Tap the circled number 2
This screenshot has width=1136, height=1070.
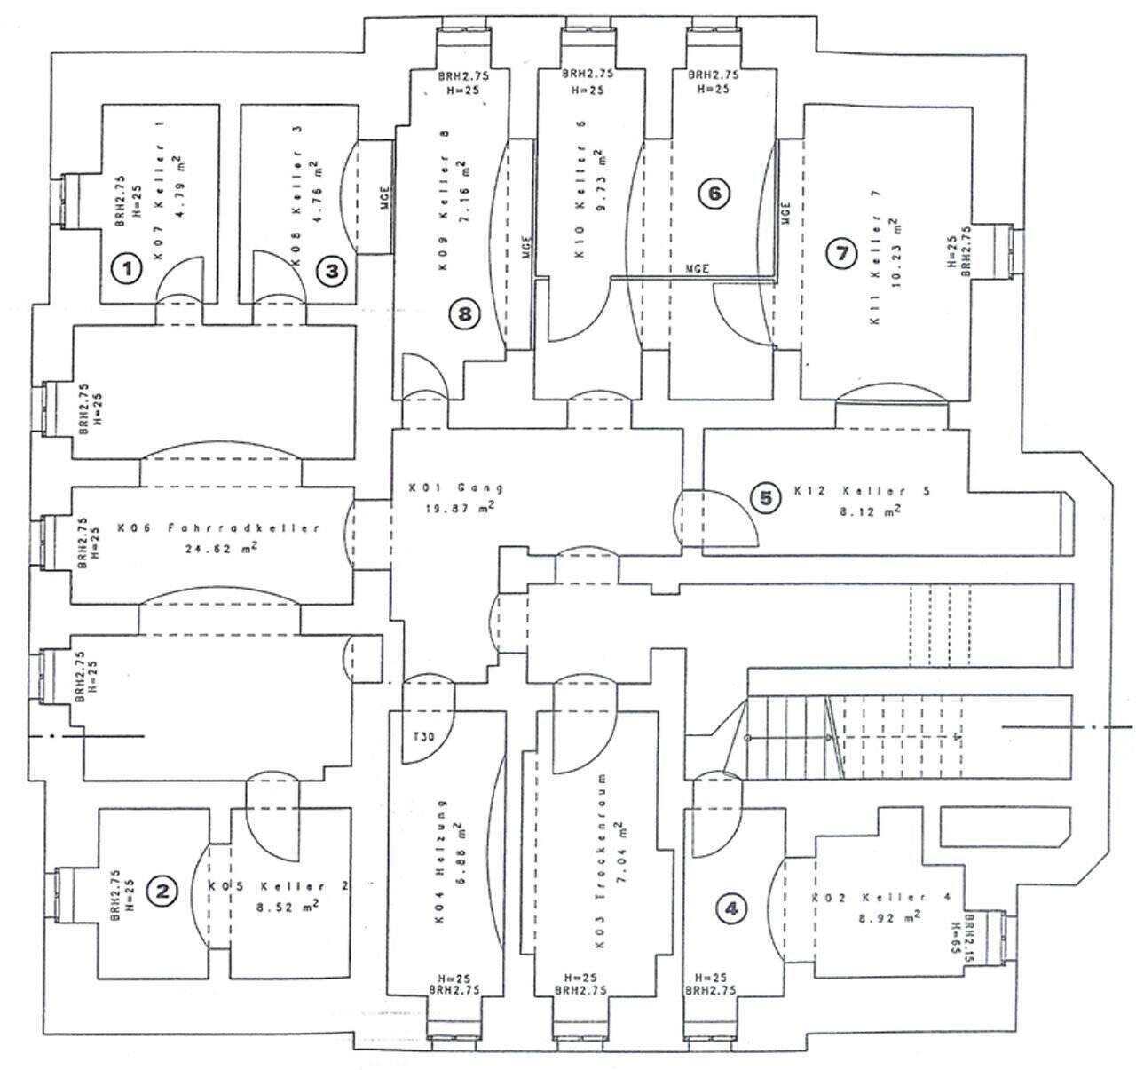(162, 890)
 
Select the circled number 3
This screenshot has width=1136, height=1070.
(332, 271)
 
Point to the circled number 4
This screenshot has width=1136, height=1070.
(730, 908)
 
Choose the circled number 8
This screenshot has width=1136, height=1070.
(464, 313)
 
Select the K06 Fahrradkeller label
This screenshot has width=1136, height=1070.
(217, 528)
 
